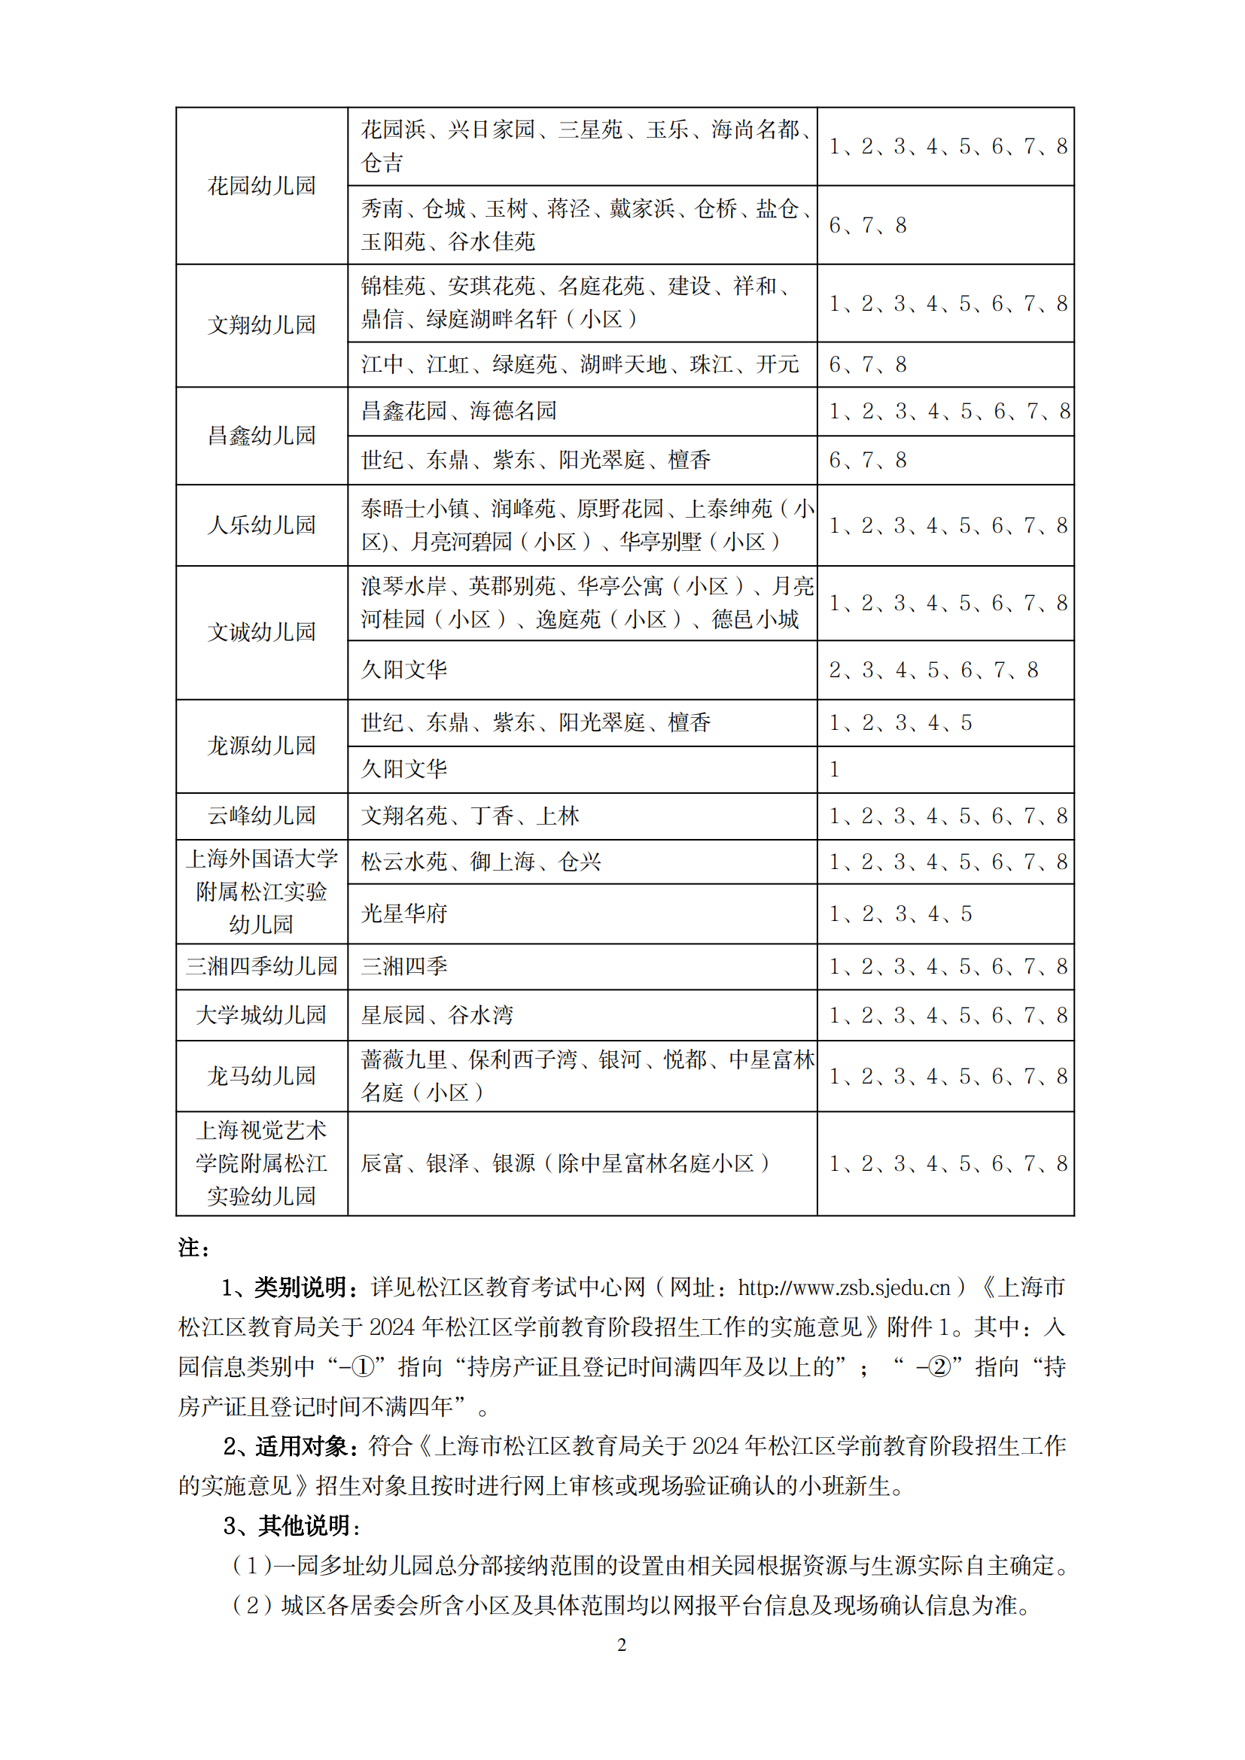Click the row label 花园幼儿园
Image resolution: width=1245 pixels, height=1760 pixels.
261,186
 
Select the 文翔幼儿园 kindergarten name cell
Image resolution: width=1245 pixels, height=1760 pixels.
261,325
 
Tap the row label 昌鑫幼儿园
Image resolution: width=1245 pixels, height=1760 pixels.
261,436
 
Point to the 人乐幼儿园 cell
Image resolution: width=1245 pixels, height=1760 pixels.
261,525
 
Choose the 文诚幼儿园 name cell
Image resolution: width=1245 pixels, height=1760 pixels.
261,631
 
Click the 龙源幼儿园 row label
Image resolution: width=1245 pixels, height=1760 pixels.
261,745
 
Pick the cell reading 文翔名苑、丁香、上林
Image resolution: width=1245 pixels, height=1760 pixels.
470,816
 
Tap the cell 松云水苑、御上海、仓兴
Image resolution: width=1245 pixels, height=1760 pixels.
481,862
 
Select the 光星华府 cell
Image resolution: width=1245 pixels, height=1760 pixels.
404,913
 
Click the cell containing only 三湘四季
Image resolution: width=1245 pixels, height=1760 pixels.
404,966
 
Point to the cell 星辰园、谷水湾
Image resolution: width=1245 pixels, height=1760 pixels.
437,1015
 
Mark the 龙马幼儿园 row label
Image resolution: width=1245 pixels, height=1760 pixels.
261,1075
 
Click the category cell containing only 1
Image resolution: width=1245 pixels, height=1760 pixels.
835,769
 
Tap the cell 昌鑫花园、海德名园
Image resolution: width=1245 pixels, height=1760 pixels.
458,411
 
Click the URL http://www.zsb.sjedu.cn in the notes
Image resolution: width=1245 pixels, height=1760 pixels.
844,1287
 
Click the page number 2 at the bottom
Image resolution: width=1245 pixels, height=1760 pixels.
622,1645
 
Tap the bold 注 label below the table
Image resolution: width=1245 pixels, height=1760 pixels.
190,1248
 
